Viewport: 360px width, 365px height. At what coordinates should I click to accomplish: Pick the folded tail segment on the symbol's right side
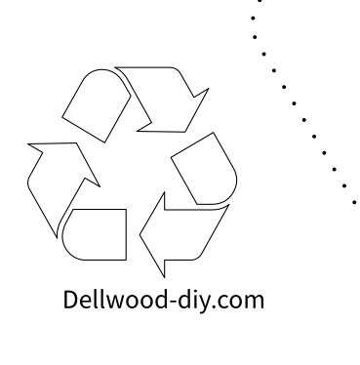(204, 166)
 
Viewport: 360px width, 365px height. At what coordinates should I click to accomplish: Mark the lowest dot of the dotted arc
(354, 200)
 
